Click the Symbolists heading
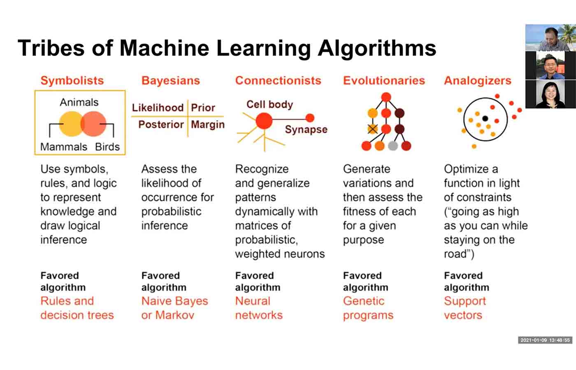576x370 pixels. tap(72, 81)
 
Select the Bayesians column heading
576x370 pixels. tap(170, 81)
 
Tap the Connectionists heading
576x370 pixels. tap(278, 81)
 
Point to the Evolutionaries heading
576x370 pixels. tap(384, 81)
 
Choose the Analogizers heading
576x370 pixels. tap(478, 81)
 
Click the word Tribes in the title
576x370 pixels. tap(51, 48)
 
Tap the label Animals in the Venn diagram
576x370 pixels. tap(79, 102)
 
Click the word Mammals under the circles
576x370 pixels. tap(64, 147)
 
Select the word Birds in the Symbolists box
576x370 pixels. tap(107, 147)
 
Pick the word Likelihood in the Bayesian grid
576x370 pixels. tap(158, 108)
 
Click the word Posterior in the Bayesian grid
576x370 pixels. tap(161, 124)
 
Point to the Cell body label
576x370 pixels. tap(270, 104)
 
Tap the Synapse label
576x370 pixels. tap(306, 129)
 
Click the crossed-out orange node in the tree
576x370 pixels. tap(373, 129)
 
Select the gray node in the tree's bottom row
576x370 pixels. tap(393, 146)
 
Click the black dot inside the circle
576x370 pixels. tap(485, 118)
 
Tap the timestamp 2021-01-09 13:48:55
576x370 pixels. tap(545, 340)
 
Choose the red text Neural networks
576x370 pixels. tap(259, 308)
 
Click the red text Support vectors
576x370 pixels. tap(465, 308)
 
